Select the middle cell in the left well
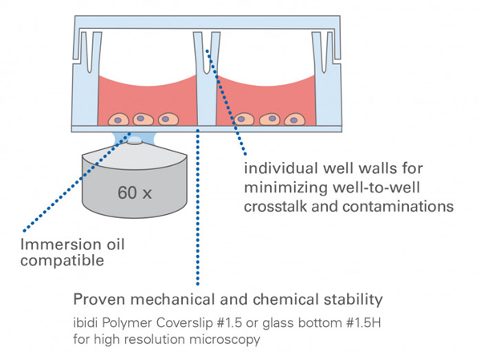point(143,119)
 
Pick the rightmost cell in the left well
point(168,119)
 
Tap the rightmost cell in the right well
point(294,119)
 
